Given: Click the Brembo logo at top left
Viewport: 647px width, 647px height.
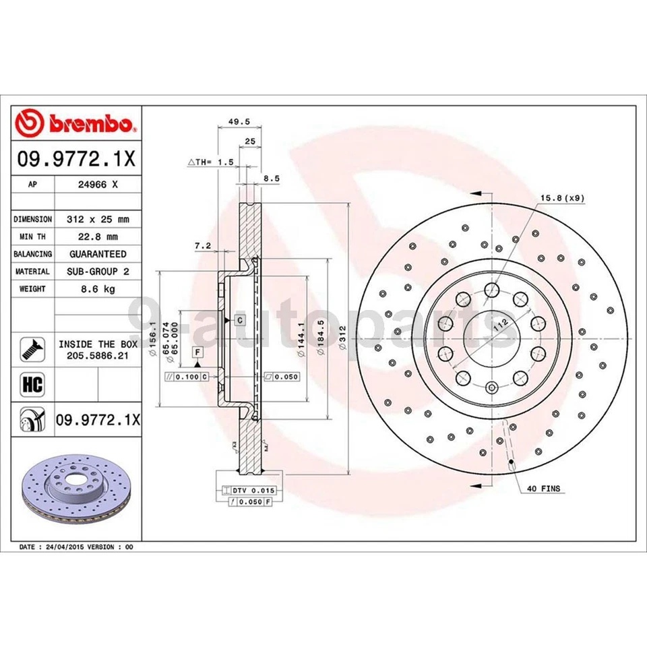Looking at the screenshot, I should tap(76, 124).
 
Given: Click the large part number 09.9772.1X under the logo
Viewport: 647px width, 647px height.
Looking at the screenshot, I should tap(76, 160).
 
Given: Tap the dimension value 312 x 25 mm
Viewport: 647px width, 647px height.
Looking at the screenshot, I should tap(98, 219).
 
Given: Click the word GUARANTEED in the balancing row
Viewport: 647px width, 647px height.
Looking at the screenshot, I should tap(98, 254).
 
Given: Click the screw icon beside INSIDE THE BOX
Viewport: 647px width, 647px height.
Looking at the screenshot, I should tap(33, 348).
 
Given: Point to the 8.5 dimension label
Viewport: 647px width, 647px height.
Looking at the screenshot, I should tap(271, 179).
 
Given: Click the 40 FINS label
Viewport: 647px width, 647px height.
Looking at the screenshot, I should tap(543, 488).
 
